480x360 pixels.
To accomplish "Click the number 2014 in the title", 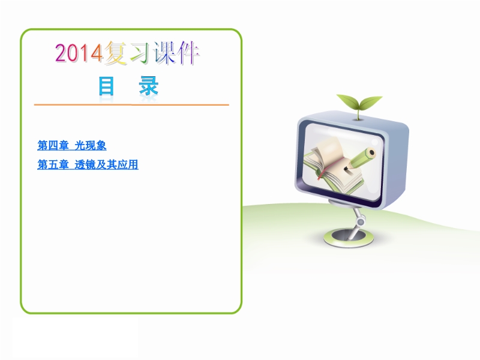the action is click(79, 53).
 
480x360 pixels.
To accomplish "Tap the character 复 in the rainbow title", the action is click(116, 53).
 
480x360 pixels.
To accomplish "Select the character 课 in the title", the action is click(166, 53).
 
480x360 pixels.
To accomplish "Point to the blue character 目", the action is click(106, 86).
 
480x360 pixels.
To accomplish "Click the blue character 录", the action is click(148, 86).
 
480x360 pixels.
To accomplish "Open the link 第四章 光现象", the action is click(71, 145).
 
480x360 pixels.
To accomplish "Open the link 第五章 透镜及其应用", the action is click(88, 164).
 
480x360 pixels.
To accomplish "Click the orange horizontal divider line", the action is click(131, 104).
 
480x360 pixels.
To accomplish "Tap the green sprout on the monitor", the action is click(359, 104).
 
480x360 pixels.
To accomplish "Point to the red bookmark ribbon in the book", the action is click(325, 170).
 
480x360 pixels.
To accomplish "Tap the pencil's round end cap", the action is click(371, 153).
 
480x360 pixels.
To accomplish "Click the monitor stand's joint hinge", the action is click(361, 221).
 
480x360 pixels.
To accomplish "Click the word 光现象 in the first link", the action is click(91, 145).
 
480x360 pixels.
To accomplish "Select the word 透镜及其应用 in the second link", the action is click(107, 164).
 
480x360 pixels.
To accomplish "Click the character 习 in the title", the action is click(140, 53).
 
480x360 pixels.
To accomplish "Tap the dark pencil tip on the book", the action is click(346, 168).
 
